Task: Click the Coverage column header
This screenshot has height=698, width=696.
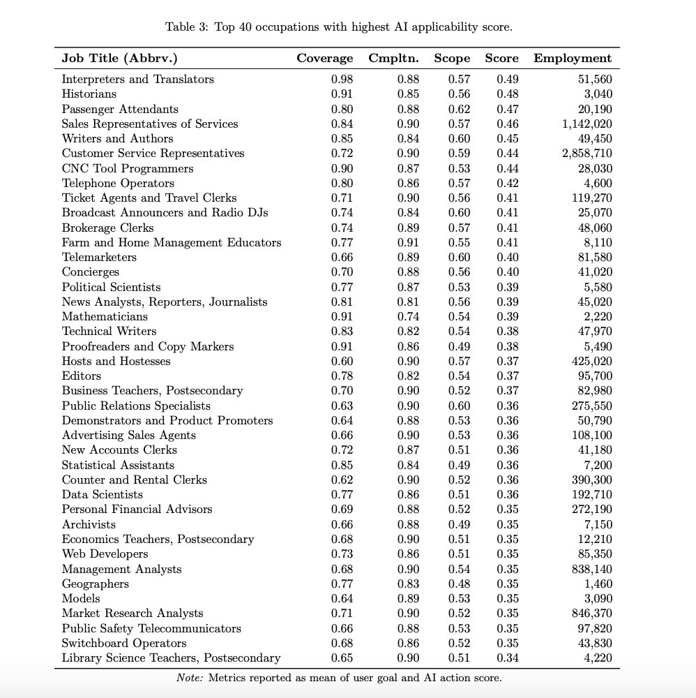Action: pyautogui.click(x=324, y=59)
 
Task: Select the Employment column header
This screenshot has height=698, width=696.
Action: pyautogui.click(x=572, y=59)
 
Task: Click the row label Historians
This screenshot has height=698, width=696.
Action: pyautogui.click(x=89, y=94)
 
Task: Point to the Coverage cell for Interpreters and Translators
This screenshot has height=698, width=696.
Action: pyautogui.click(x=342, y=80)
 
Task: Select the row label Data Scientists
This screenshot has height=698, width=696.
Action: pyautogui.click(x=102, y=495)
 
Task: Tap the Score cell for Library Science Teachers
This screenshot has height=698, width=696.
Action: pyautogui.click(x=508, y=658)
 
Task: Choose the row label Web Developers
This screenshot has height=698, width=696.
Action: pyautogui.click(x=105, y=554)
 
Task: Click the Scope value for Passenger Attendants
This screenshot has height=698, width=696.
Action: pyautogui.click(x=459, y=110)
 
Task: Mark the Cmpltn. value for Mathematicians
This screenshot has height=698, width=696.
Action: pyautogui.click(x=409, y=317)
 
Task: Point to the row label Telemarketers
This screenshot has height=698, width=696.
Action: pyautogui.click(x=99, y=258)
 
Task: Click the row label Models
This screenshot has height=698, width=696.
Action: pyautogui.click(x=81, y=599)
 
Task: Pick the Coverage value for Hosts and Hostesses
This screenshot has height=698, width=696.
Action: pyautogui.click(x=342, y=362)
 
